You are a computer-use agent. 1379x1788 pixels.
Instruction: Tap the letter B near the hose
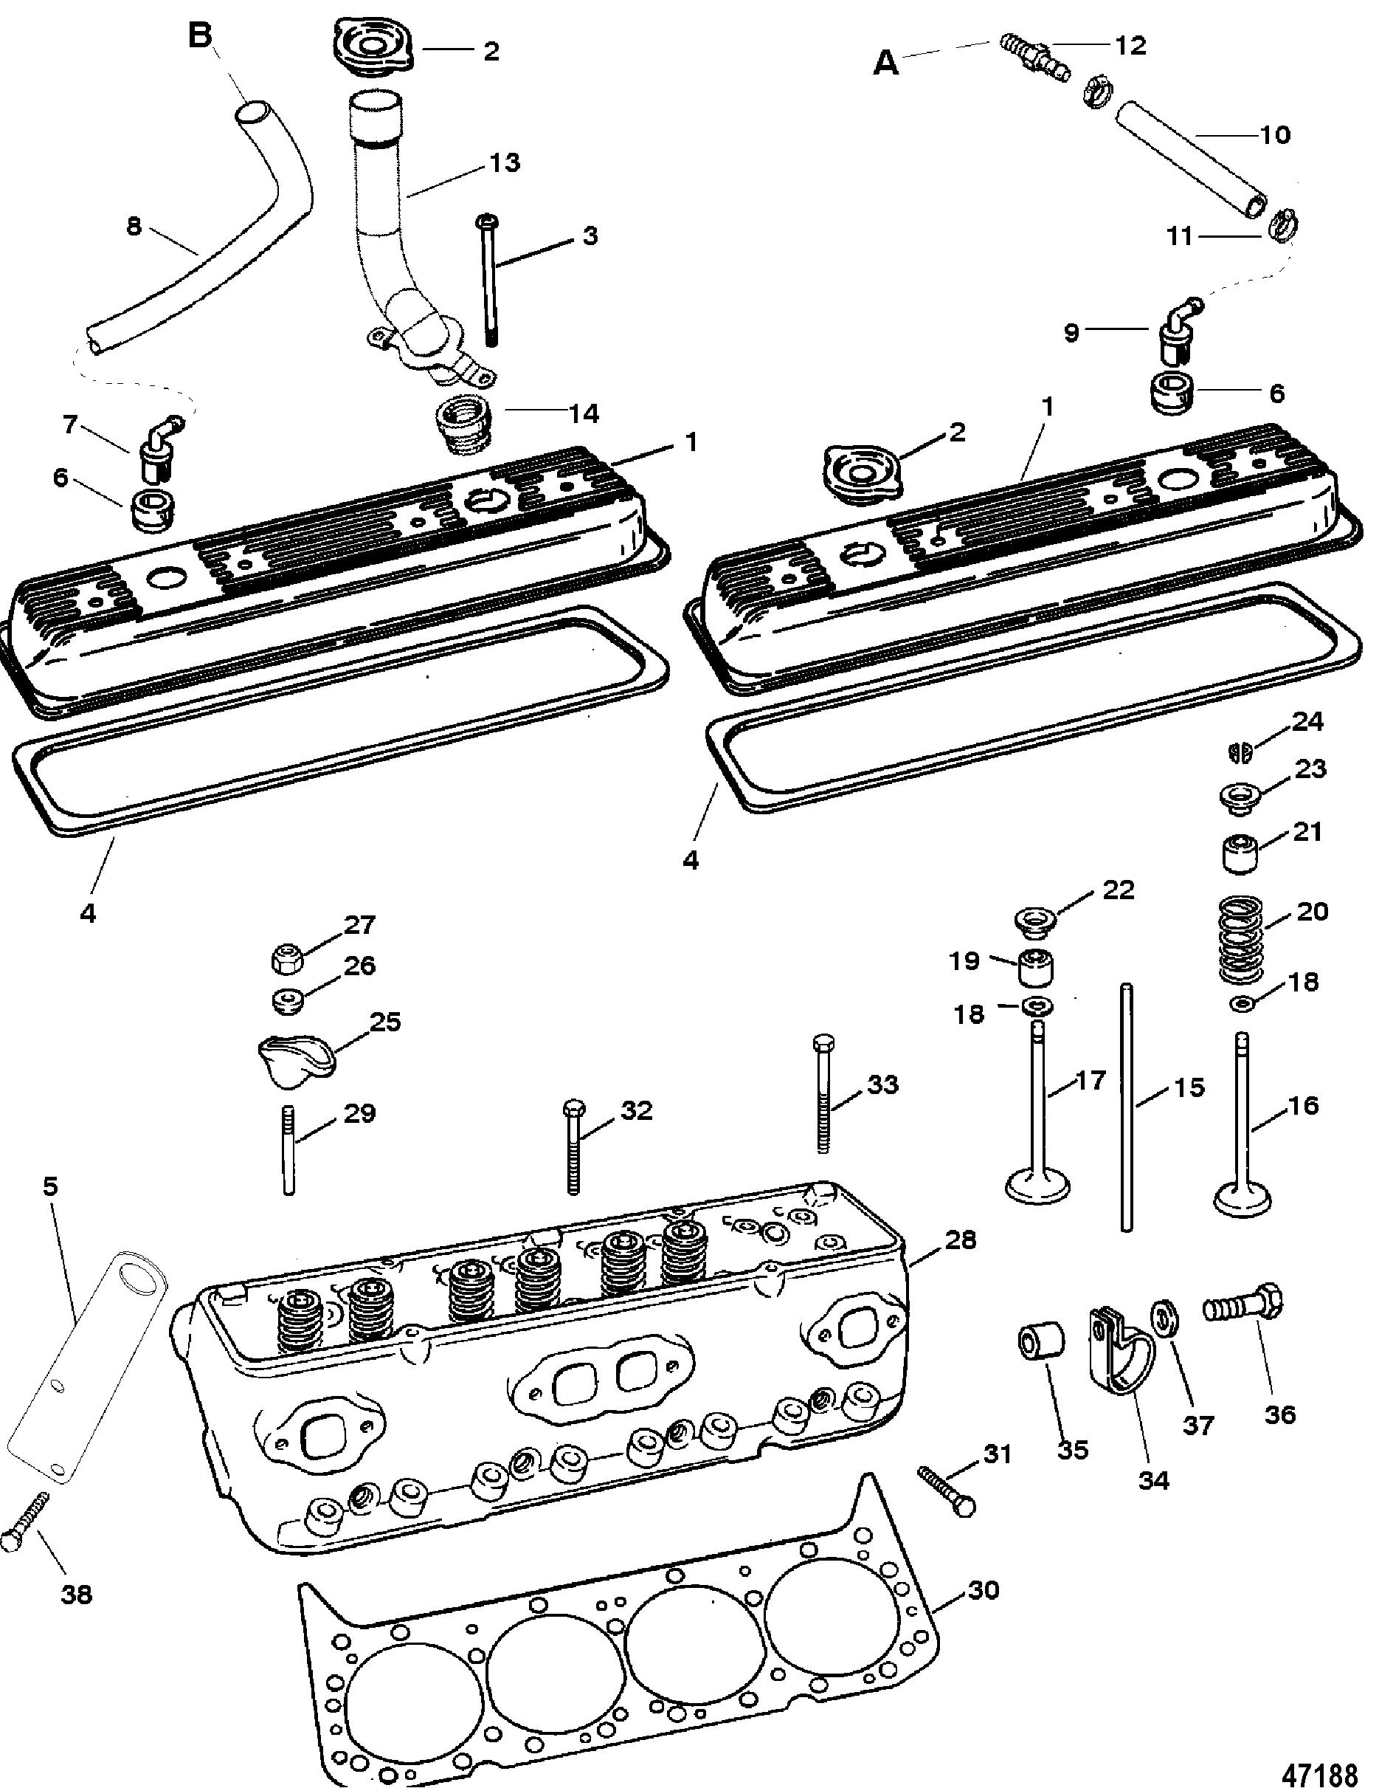pyautogui.click(x=200, y=36)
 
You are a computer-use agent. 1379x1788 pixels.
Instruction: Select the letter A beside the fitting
pyautogui.click(x=886, y=62)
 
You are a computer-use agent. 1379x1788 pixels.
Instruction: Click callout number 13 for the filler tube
pyautogui.click(x=504, y=162)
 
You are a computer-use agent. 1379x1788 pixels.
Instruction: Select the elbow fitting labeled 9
pyautogui.click(x=1176, y=330)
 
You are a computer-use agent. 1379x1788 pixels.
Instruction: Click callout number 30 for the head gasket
pyautogui.click(x=983, y=1590)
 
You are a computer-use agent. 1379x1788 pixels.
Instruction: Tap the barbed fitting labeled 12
pyautogui.click(x=1032, y=59)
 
